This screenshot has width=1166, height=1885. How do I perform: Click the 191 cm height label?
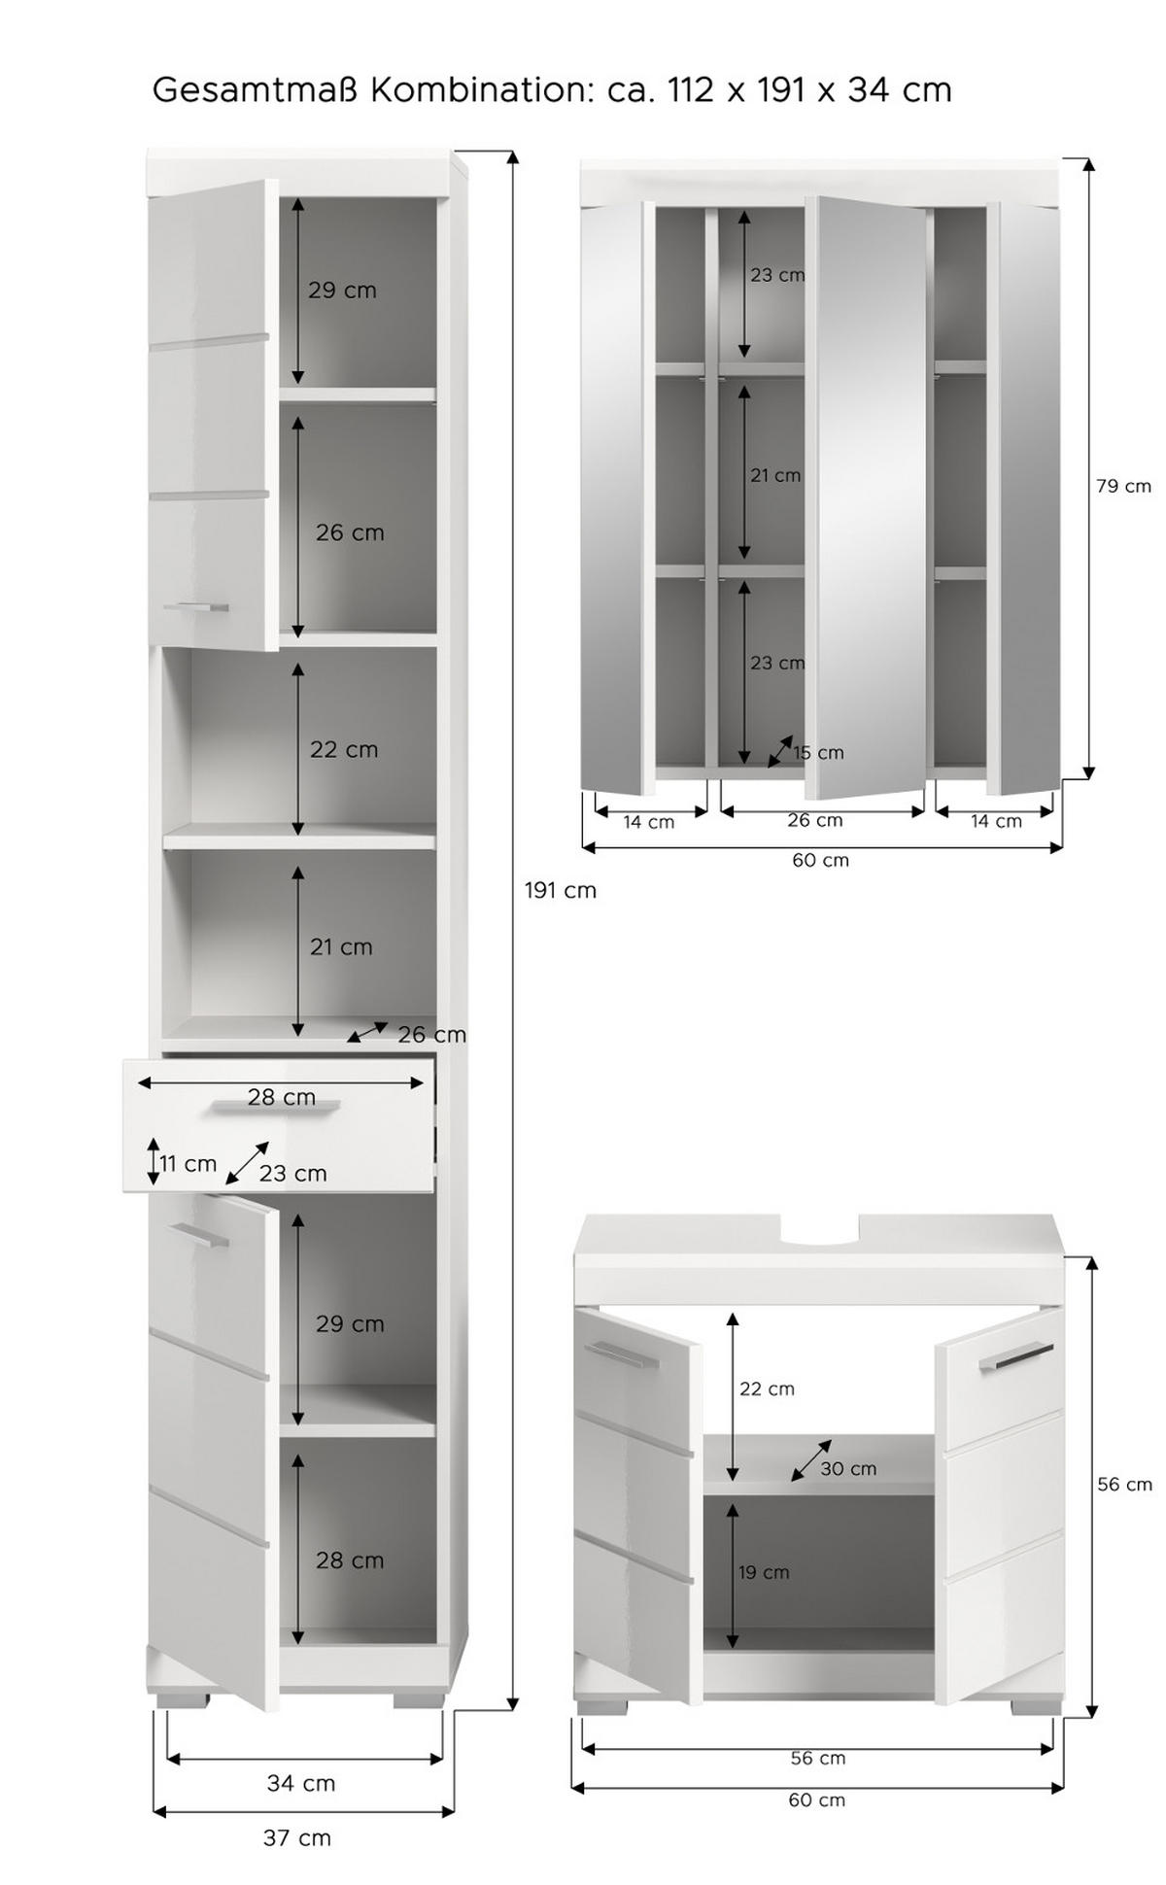[561, 890]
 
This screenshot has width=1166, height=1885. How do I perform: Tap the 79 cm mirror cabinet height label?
[1123, 486]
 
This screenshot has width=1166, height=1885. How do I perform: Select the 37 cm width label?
[297, 1837]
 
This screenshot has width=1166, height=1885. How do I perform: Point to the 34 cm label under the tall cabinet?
[301, 1783]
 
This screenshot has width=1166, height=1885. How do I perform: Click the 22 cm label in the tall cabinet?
[344, 749]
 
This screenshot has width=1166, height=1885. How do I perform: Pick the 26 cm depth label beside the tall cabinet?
[431, 1035]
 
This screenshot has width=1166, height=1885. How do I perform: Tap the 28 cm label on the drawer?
[282, 1097]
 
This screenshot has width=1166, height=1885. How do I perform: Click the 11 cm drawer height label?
[188, 1163]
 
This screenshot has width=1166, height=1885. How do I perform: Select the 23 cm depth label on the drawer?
[292, 1174]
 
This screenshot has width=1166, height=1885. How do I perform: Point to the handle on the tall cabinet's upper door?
[196, 607]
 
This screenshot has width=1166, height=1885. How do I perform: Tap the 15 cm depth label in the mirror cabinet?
[818, 752]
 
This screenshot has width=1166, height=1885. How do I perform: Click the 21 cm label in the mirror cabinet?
[775, 475]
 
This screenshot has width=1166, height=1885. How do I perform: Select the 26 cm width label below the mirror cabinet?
[815, 820]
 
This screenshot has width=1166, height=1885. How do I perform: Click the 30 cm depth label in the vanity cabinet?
[848, 1468]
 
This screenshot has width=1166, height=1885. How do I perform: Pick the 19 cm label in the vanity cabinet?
[764, 1571]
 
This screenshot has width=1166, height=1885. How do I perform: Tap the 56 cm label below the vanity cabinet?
[818, 1758]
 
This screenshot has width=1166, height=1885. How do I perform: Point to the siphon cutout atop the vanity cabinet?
[820, 1231]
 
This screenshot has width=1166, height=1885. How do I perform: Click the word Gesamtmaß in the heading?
[257, 90]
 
